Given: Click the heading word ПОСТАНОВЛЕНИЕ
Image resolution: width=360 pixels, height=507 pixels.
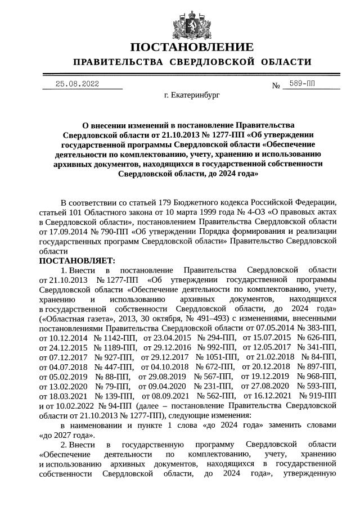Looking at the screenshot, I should [192, 47].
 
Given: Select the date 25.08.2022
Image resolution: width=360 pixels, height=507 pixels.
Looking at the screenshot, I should [77, 84].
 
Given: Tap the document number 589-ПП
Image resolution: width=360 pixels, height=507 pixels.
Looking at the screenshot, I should [302, 84].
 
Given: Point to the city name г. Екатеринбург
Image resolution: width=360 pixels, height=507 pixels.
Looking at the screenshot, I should [192, 96].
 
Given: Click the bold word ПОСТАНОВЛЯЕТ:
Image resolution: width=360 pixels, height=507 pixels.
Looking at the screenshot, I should [77, 261].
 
